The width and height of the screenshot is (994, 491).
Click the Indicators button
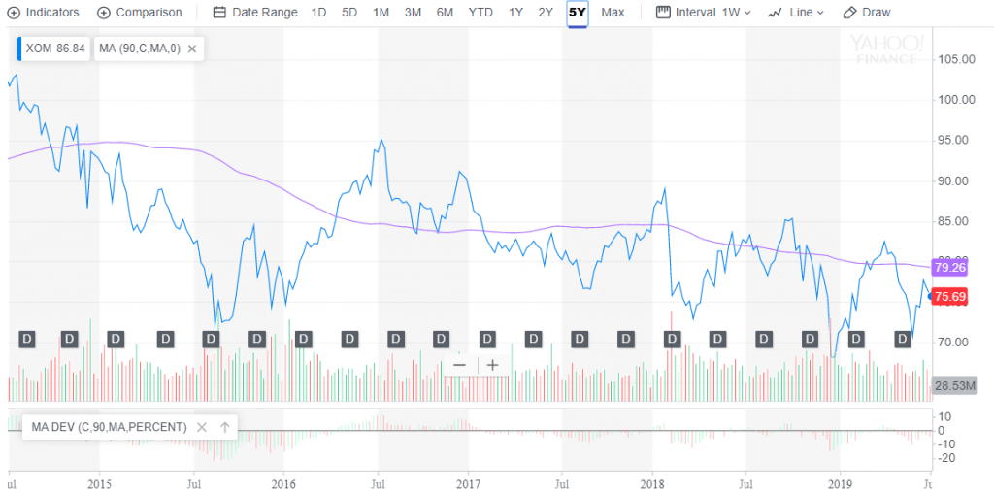[46, 13]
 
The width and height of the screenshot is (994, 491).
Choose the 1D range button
[318, 13]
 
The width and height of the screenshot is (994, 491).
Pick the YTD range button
[480, 13]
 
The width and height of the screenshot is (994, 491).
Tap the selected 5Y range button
[578, 13]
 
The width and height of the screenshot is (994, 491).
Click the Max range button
[613, 13]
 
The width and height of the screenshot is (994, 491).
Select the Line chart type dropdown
[796, 13]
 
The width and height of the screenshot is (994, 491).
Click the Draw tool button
[867, 13]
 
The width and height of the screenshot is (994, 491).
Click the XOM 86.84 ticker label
[54, 49]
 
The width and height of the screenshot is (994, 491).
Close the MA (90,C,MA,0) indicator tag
[192, 49]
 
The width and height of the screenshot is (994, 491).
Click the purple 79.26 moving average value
[946, 267]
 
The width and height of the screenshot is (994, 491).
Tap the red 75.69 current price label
[946, 297]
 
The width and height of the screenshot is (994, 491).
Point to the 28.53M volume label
[952, 386]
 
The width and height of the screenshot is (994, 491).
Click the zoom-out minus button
[460, 365]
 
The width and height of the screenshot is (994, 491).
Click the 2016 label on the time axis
[283, 482]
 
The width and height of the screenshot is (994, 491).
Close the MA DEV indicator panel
[202, 427]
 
